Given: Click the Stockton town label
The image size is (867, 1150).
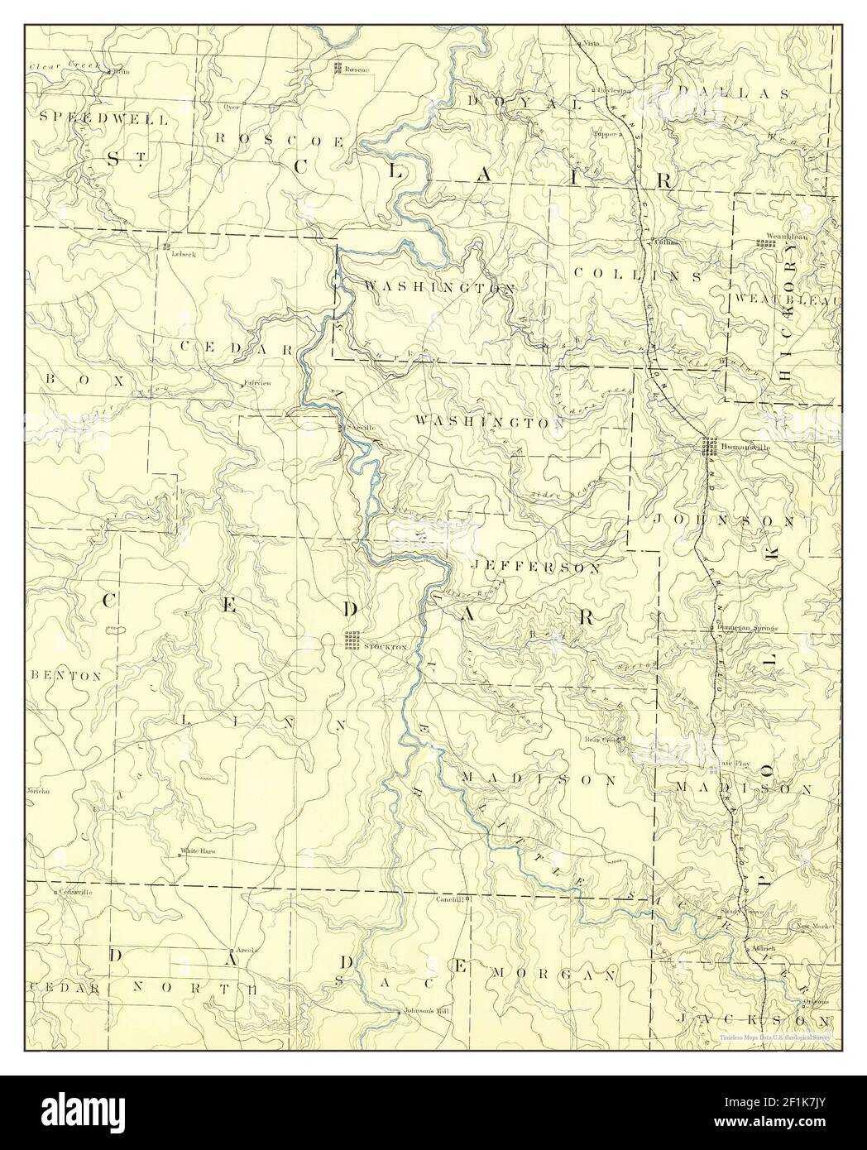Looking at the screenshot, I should coord(386,646).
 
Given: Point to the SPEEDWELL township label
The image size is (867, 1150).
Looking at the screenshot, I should coord(104,118).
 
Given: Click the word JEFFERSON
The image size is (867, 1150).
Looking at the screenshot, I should coord(535,568).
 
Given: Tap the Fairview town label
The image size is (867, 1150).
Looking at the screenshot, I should coord(257,384).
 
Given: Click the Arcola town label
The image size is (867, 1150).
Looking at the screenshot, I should coord(247,951).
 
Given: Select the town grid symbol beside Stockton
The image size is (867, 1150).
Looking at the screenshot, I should coord(352,640).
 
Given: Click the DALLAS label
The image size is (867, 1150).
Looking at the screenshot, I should coord(731,93).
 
